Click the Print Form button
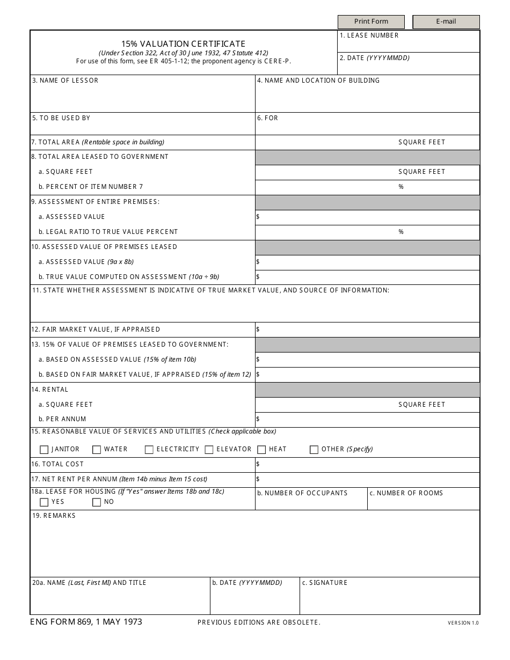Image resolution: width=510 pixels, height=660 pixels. [x=371, y=22]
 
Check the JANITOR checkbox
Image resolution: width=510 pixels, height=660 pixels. [x=44, y=450]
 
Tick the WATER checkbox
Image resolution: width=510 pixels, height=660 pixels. [x=97, y=450]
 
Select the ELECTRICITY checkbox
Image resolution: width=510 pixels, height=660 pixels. [x=149, y=450]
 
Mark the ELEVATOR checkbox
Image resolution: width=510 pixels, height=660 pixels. [x=209, y=450]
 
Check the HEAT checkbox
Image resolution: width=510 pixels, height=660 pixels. [x=261, y=450]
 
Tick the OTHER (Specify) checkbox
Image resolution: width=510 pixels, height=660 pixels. [x=314, y=450]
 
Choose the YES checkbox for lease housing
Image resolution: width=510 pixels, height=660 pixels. [x=44, y=502]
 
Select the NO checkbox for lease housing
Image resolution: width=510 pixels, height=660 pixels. [x=97, y=502]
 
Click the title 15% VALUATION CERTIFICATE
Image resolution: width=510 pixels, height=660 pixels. [x=183, y=44]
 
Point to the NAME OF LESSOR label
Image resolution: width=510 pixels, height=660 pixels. [x=68, y=80]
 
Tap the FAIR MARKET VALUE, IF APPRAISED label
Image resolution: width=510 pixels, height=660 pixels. [x=99, y=329]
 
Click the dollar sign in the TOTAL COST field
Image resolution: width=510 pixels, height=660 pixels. [x=258, y=464]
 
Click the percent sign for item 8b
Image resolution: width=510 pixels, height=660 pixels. [x=400, y=187]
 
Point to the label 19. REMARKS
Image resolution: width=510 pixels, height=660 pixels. [x=54, y=516]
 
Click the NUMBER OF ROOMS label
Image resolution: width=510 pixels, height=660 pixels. [x=410, y=493]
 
